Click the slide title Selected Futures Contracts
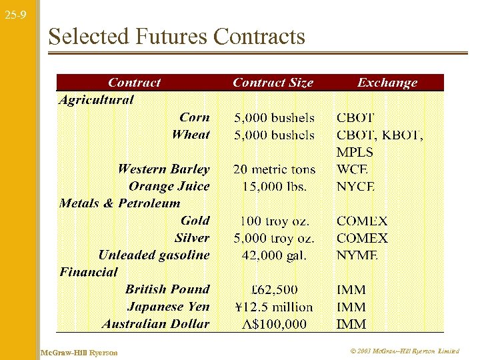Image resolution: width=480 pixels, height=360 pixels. (177, 36)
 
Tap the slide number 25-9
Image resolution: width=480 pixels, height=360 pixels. (14, 14)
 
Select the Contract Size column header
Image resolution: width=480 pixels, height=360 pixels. (273, 83)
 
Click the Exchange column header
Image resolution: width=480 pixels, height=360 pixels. (387, 83)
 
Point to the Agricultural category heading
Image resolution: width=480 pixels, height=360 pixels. (96, 100)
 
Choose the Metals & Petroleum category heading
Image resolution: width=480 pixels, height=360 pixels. (120, 203)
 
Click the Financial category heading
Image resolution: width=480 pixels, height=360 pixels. (88, 272)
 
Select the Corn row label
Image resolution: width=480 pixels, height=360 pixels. (195, 117)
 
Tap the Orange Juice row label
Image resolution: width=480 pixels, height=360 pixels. (169, 186)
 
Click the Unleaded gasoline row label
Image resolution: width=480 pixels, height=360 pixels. (154, 255)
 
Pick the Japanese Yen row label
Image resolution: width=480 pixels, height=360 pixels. (168, 307)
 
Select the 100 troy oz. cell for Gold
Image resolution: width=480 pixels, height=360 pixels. (273, 221)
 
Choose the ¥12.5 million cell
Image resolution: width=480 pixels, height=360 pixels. (274, 307)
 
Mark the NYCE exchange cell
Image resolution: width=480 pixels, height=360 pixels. (355, 187)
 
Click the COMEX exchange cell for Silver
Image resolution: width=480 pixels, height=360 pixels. (362, 238)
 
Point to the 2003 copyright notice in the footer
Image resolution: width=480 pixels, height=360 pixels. (404, 351)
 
